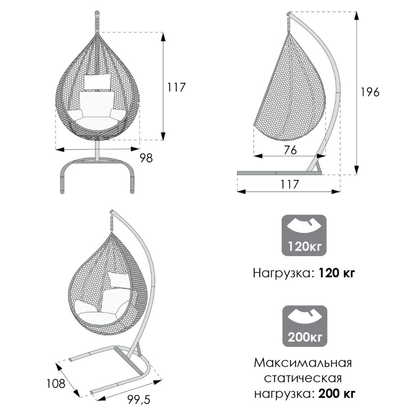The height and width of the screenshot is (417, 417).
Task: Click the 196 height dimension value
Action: (x=370, y=92)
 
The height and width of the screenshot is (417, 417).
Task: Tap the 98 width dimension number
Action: (x=146, y=158)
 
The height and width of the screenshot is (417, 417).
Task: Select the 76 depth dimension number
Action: (x=290, y=150)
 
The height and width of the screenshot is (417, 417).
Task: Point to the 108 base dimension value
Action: (x=56, y=384)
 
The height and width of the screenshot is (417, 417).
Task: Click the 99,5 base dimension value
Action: (x=139, y=400)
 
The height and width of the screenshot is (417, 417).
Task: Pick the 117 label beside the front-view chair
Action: (x=176, y=87)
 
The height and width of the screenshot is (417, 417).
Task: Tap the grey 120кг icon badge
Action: (x=304, y=236)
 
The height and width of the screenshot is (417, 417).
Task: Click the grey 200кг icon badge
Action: (x=305, y=326)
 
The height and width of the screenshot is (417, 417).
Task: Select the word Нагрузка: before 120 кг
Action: (x=282, y=273)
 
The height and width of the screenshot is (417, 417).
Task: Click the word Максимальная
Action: (x=303, y=363)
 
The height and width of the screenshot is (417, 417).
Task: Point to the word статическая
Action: (x=303, y=378)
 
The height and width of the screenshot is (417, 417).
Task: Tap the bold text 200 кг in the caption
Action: (x=337, y=393)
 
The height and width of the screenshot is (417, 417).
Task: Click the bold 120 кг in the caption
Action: (x=336, y=273)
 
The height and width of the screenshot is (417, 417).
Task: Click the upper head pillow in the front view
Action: (x=97, y=82)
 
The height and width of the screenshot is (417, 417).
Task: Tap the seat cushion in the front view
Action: (x=97, y=122)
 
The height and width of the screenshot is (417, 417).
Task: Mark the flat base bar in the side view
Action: (x=279, y=173)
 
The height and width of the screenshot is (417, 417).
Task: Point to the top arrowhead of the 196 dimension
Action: (x=357, y=16)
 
